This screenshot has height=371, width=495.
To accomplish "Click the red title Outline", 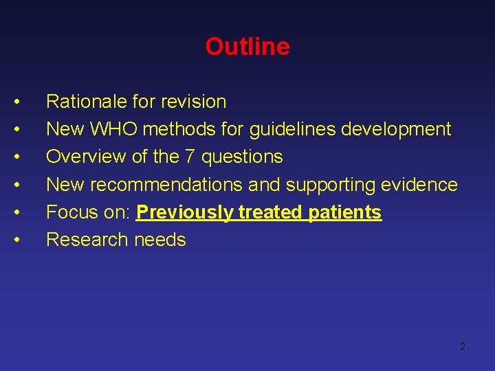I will pos(247,47).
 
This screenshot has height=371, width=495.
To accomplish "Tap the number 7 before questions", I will pos(190,157).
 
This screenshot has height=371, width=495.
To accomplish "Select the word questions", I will pos(242,157).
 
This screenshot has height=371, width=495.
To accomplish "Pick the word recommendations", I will pos(166,184).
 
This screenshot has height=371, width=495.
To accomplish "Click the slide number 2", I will pos(462,346).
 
